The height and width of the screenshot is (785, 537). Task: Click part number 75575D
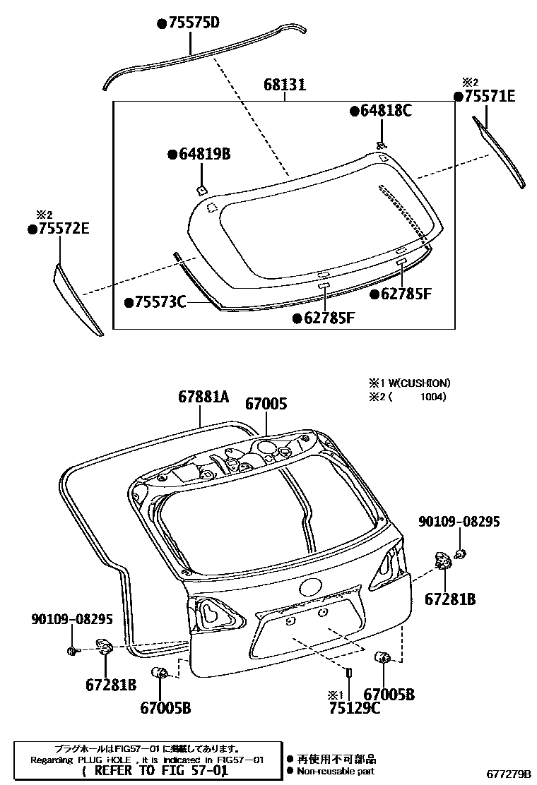191,23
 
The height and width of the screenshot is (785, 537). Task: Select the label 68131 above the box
285,85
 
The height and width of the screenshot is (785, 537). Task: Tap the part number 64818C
384,110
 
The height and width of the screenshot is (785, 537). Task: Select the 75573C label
158,302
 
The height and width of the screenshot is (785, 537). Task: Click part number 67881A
203,398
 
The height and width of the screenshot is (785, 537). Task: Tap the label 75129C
354,708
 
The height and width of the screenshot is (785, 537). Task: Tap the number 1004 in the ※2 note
432,397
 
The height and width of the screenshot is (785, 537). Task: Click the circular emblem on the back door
310,587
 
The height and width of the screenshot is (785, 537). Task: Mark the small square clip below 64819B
201,189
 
